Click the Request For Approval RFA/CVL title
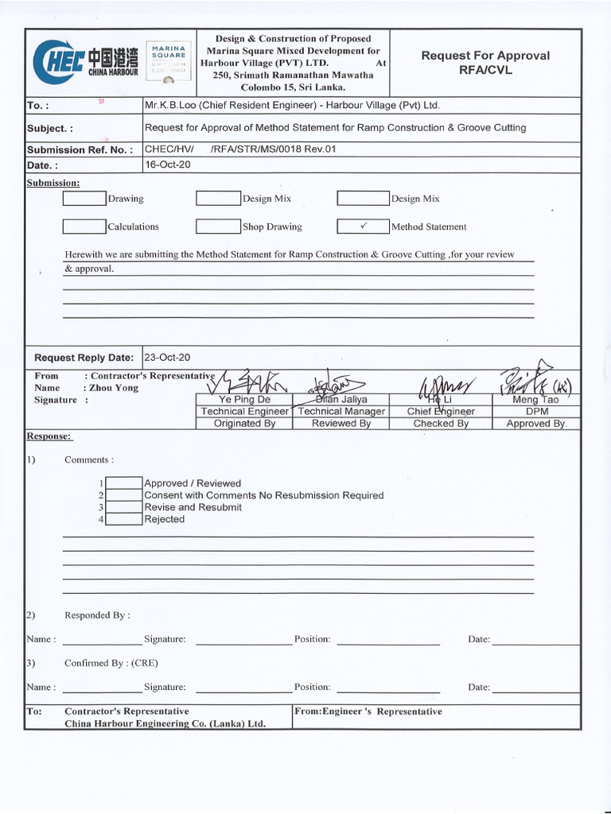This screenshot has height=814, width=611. pyautogui.click(x=485, y=62)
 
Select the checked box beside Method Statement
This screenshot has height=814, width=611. pyautogui.click(x=362, y=227)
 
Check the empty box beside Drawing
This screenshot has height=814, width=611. pyautogui.click(x=84, y=199)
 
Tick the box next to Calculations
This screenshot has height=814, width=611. pyautogui.click(x=84, y=227)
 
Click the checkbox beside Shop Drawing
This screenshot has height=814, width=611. pyautogui.click(x=218, y=227)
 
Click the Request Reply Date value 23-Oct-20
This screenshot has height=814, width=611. pyautogui.click(x=167, y=358)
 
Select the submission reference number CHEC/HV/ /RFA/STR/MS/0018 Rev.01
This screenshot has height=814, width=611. pyautogui.click(x=235, y=149)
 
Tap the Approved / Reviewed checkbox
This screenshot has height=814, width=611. pyautogui.click(x=123, y=483)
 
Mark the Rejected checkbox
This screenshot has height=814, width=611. pyautogui.click(x=123, y=519)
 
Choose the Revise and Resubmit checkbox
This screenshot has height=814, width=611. pyautogui.click(x=123, y=507)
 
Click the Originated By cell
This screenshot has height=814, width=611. pyautogui.click(x=244, y=424)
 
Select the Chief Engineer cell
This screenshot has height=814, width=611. pyautogui.click(x=441, y=412)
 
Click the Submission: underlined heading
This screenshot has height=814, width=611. pyautogui.click(x=53, y=183)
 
